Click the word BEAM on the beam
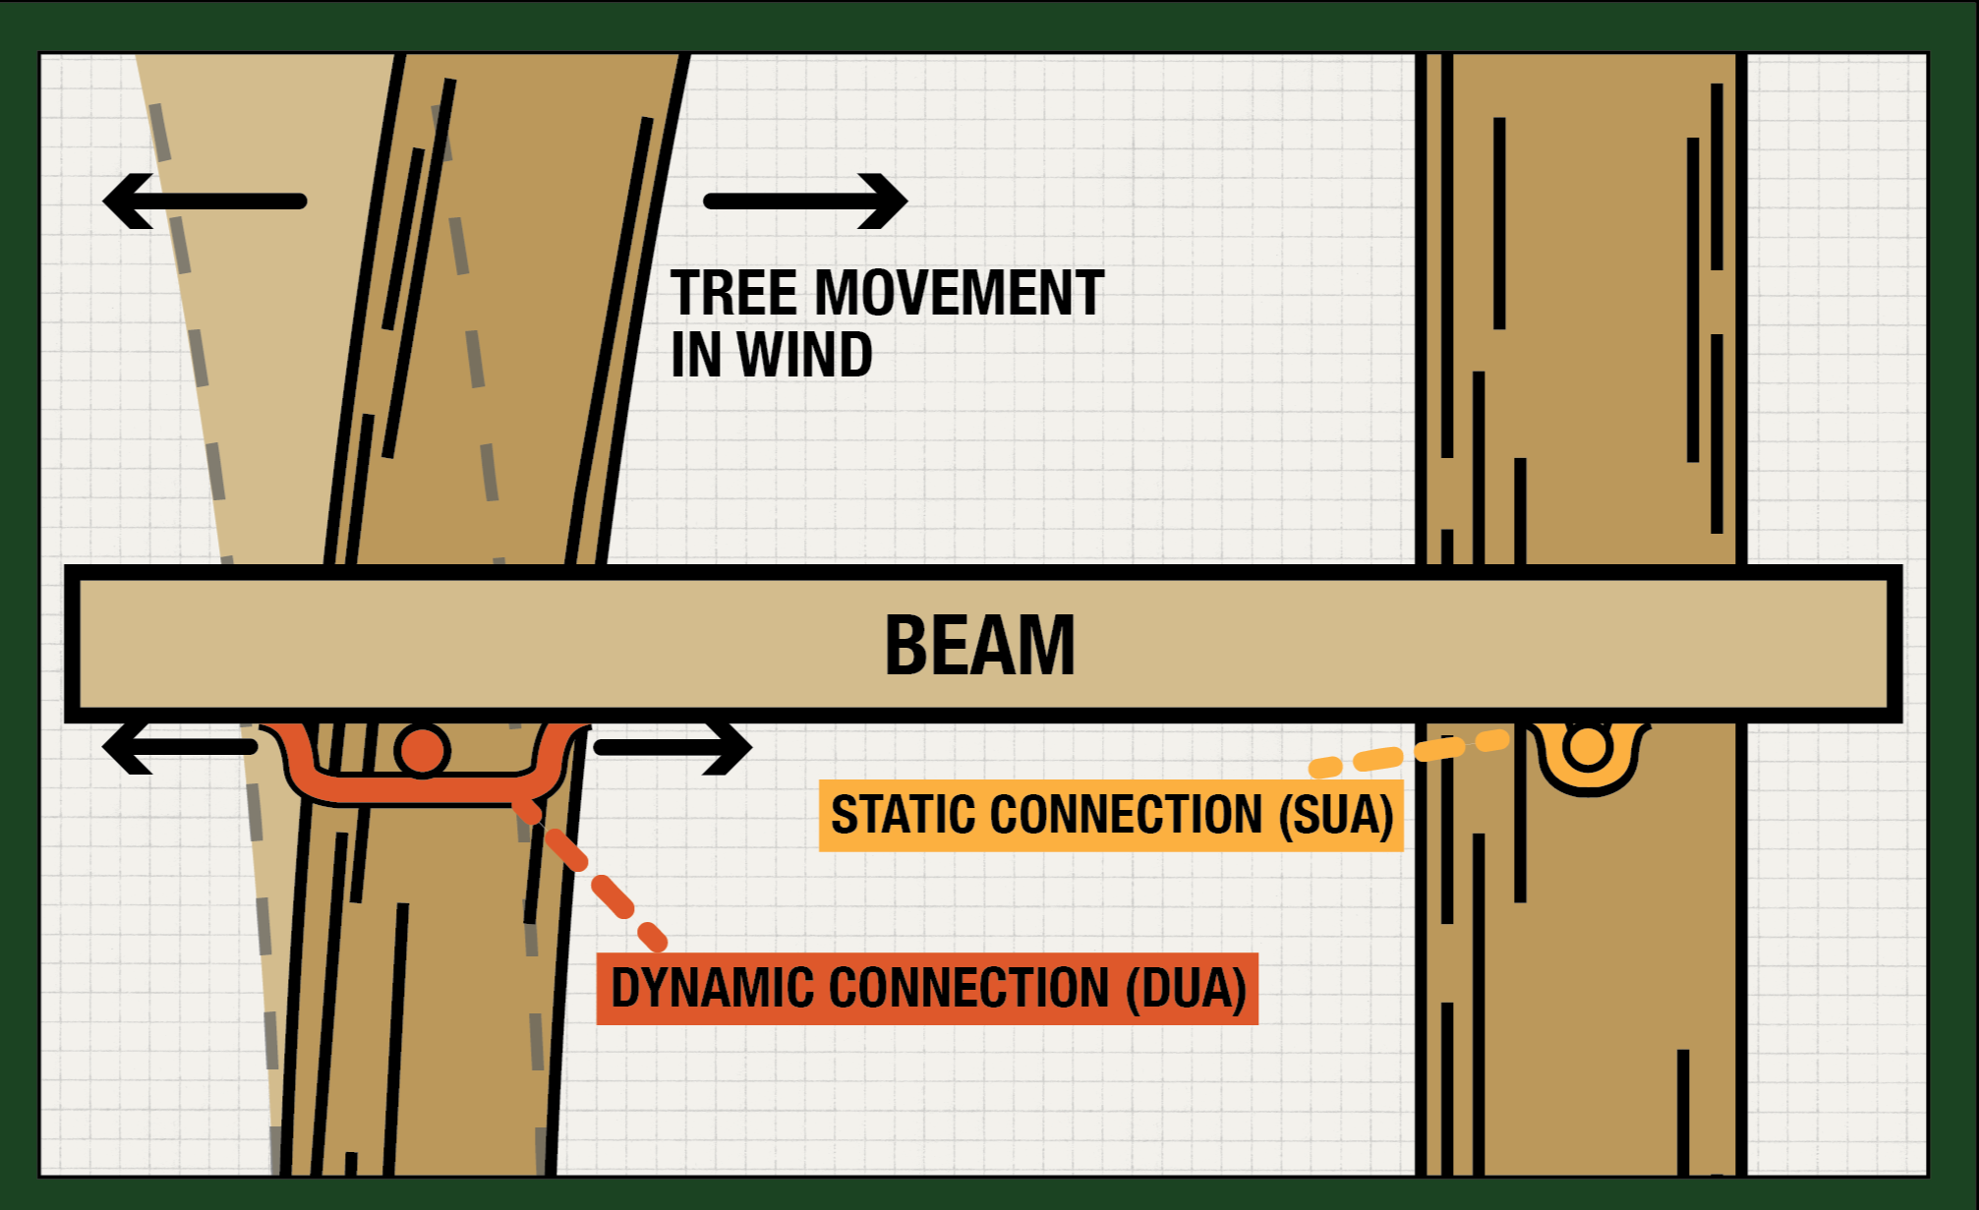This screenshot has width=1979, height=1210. click(x=980, y=645)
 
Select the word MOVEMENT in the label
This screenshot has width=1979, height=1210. click(x=960, y=293)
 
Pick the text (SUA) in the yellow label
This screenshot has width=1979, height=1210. click(x=1336, y=816)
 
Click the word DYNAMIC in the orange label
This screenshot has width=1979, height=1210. click(x=712, y=988)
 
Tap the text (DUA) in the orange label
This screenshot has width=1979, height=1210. click(x=1187, y=989)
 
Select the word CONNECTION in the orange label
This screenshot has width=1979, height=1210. click(x=969, y=988)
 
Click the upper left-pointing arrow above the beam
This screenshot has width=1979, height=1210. click(x=204, y=202)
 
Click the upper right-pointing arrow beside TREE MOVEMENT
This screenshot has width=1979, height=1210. click(x=805, y=202)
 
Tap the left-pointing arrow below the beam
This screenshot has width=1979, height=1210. click(x=180, y=748)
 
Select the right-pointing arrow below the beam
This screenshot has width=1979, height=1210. click(x=673, y=748)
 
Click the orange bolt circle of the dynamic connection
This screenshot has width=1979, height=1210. click(x=423, y=750)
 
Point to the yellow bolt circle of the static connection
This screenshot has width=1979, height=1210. click(x=1589, y=746)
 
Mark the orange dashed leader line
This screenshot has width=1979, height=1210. click(x=590, y=874)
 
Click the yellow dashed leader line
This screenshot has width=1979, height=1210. click(x=1410, y=753)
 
